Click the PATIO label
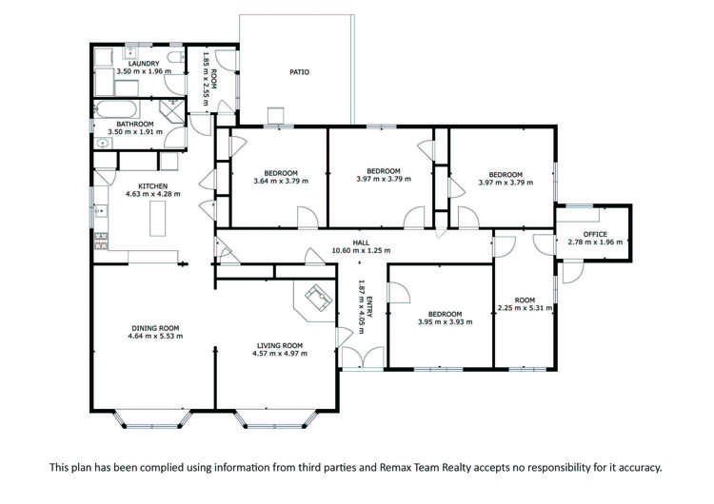[x=299, y=72]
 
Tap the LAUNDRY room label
[x=144, y=64]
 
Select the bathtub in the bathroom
[x=115, y=109]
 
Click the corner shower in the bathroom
[x=172, y=111]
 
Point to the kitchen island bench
[x=157, y=219]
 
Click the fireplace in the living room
[x=317, y=298]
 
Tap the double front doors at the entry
[x=363, y=357]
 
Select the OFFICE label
[x=595, y=234]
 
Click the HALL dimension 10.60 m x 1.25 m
[x=361, y=250]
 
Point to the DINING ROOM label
[x=155, y=328]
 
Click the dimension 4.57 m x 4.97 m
[x=280, y=353]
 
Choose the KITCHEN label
[x=153, y=186]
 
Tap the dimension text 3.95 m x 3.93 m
[x=445, y=322]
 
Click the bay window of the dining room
[x=153, y=419]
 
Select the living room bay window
[x=275, y=419]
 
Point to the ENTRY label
[x=369, y=306]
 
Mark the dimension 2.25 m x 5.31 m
[x=525, y=308]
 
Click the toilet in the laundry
[x=175, y=57]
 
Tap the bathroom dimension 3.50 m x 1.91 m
[x=135, y=132]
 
